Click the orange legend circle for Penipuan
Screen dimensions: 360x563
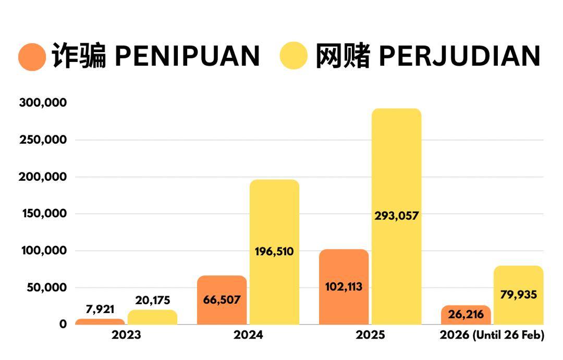[x=32, y=57]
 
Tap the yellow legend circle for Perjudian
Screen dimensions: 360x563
[x=294, y=57]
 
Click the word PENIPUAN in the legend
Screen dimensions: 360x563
[x=187, y=56]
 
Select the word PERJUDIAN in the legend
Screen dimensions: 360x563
[x=459, y=56]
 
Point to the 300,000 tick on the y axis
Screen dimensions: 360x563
[x=43, y=103]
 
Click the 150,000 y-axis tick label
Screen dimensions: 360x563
[x=43, y=214]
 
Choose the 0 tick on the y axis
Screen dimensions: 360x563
[x=63, y=324]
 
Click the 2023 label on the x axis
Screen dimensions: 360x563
[x=126, y=335]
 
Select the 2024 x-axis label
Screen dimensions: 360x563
[x=248, y=335]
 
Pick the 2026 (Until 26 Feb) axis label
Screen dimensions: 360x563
[x=492, y=335]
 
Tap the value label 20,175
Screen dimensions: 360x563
[x=153, y=301]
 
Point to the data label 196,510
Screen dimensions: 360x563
[x=274, y=252]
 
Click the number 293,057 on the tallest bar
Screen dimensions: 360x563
[x=397, y=215]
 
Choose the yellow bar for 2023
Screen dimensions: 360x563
[x=152, y=318]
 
